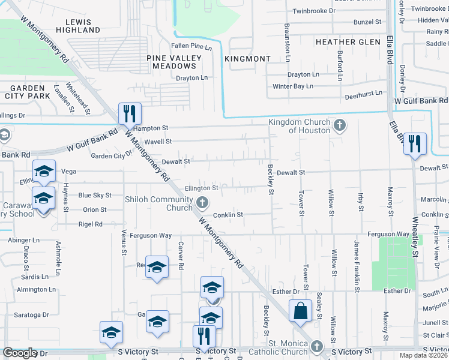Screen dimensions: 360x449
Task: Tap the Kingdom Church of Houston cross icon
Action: pos(340,125)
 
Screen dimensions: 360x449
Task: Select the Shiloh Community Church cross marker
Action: pos(203,203)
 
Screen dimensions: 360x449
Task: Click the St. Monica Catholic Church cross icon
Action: pos(318,346)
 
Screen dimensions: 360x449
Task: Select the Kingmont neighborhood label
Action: pos(247,59)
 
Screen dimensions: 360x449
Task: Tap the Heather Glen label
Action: pos(348,42)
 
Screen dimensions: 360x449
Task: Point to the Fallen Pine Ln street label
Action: pos(191,47)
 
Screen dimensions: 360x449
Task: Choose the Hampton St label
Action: pos(151,128)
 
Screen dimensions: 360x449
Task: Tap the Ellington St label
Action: pos(201,188)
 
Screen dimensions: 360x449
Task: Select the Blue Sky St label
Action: pos(95,195)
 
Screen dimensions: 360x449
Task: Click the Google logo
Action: pos(20,353)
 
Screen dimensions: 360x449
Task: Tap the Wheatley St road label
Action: pos(414,239)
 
